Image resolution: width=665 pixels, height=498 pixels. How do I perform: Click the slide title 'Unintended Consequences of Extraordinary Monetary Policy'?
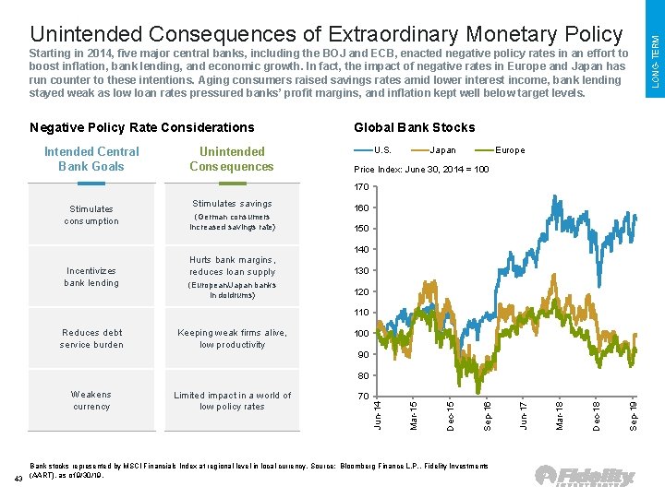[326, 34]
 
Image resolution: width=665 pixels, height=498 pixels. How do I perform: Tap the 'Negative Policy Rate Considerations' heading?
[141, 127]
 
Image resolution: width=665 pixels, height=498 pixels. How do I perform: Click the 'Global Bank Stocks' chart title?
[414, 127]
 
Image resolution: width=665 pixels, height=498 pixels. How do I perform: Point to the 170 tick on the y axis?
[361, 187]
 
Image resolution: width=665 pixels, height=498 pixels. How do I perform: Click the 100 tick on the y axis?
[361, 333]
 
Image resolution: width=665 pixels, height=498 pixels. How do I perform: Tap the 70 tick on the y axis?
[361, 396]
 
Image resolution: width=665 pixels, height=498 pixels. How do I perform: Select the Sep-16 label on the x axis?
[487, 412]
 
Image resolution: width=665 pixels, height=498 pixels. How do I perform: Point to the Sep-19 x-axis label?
[633, 412]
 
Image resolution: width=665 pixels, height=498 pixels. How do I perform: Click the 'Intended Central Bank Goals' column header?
[91, 159]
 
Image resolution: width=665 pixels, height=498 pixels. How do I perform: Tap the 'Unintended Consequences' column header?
[232, 159]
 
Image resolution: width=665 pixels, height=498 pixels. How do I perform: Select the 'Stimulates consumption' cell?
[91, 215]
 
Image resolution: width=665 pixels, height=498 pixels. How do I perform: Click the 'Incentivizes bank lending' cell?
[91, 277]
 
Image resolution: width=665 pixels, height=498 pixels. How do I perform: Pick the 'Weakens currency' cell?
[91, 400]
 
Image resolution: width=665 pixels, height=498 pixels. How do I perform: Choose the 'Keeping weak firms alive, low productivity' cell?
[232, 338]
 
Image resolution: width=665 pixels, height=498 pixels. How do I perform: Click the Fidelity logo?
[586, 477]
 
